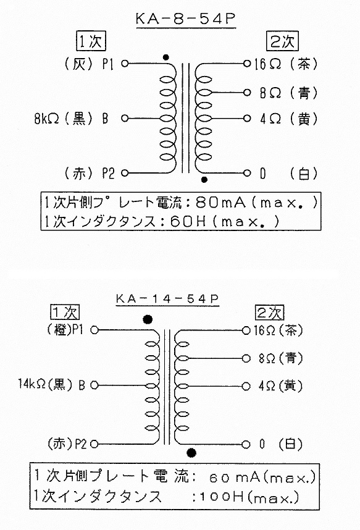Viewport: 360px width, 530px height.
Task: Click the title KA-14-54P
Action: click(x=167, y=299)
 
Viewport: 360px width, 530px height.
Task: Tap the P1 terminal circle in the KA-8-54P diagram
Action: click(x=125, y=63)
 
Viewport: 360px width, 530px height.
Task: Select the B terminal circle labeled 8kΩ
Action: click(x=125, y=119)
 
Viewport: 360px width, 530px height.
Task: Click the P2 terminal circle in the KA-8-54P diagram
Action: click(x=125, y=173)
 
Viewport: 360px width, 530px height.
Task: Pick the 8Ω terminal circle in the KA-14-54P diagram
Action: click(x=246, y=358)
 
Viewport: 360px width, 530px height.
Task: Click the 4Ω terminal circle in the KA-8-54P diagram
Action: click(x=247, y=119)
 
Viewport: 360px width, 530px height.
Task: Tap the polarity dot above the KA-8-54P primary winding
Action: click(x=165, y=57)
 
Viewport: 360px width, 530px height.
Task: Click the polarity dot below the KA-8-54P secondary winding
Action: click(x=204, y=180)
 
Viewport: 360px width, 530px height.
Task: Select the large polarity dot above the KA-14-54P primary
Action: click(x=148, y=319)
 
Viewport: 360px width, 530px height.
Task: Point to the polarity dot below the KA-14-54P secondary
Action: click(x=191, y=453)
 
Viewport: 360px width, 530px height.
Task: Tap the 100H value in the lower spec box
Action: click(x=222, y=497)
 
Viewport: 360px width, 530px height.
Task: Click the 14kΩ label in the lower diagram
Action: click(x=31, y=384)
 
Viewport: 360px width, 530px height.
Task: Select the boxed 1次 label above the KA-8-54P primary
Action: click(x=91, y=41)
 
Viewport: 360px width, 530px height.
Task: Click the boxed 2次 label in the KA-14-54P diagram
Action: click(x=269, y=313)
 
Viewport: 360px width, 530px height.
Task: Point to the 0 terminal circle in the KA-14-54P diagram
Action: click(x=246, y=444)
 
